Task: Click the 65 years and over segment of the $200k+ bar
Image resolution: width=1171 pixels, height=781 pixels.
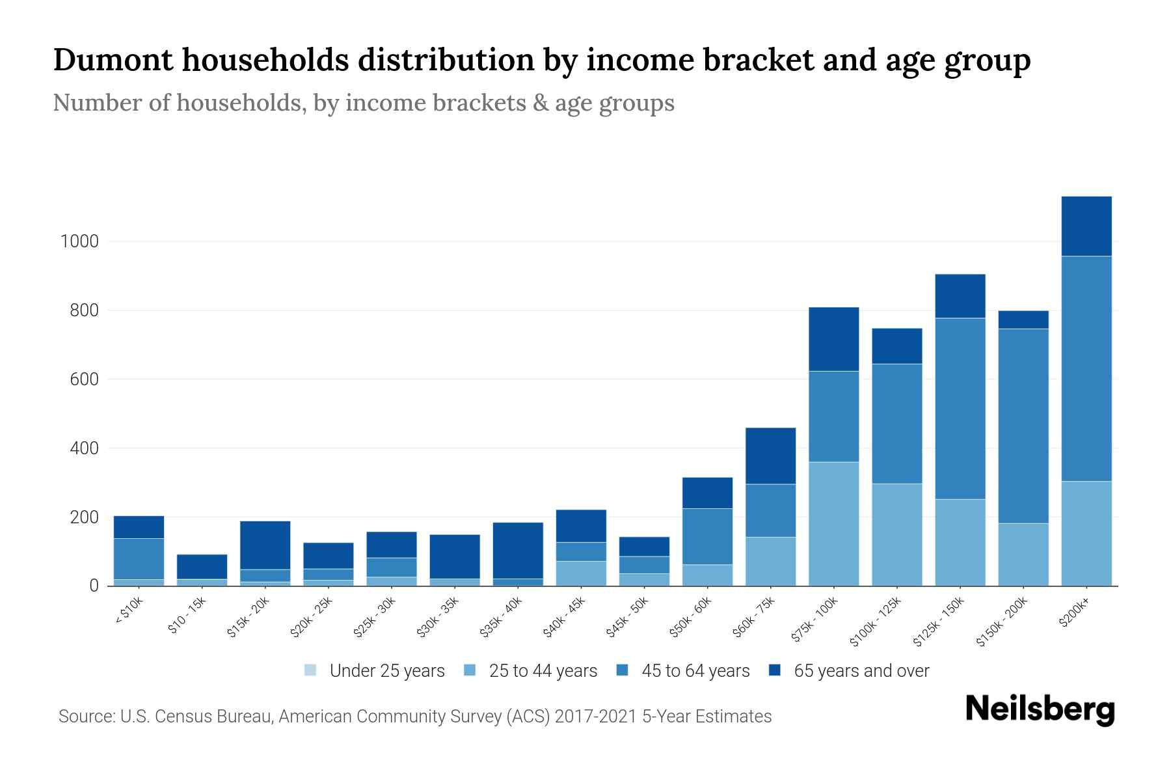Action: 1086,226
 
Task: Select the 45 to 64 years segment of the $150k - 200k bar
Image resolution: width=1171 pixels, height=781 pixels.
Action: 1023,426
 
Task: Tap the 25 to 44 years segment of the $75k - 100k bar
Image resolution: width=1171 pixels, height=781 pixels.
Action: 833,524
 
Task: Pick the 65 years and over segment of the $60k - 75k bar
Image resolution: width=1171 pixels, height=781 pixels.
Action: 770,456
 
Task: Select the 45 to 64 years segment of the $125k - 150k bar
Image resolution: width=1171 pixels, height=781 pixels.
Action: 960,408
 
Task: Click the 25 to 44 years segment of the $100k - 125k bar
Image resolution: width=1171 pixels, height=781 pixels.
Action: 896,534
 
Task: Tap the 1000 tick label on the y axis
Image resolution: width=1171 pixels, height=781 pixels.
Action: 79,241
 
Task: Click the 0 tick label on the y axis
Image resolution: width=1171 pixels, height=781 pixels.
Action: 94,586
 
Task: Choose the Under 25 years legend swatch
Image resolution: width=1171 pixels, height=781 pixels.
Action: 310,670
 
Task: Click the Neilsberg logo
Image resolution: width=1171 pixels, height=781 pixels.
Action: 1040,709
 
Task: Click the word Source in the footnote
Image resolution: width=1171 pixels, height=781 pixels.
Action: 85,717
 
